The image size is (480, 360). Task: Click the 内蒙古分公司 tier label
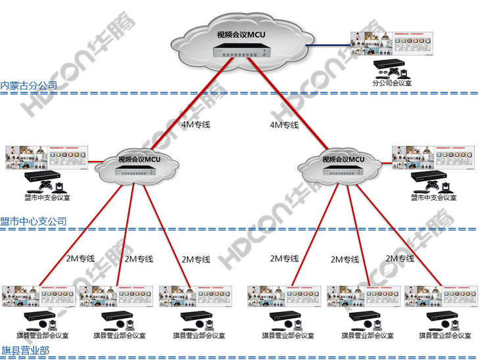pyautogui.click(x=29, y=85)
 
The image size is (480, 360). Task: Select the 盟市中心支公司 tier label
pyautogui.click(x=34, y=221)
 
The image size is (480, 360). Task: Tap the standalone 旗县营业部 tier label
pyautogui.click(x=25, y=350)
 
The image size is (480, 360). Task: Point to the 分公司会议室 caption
pyautogui.click(x=392, y=83)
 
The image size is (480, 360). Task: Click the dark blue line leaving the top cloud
pyautogui.click(x=325, y=46)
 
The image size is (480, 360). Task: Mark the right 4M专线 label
pyautogui.click(x=285, y=125)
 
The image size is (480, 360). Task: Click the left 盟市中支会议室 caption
pyautogui.click(x=43, y=197)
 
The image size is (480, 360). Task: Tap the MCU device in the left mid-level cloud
pyautogui.click(x=135, y=171)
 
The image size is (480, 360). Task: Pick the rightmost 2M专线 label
pyautogui.click(x=400, y=258)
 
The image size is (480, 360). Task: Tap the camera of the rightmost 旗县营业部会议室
pyautogui.click(x=461, y=326)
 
